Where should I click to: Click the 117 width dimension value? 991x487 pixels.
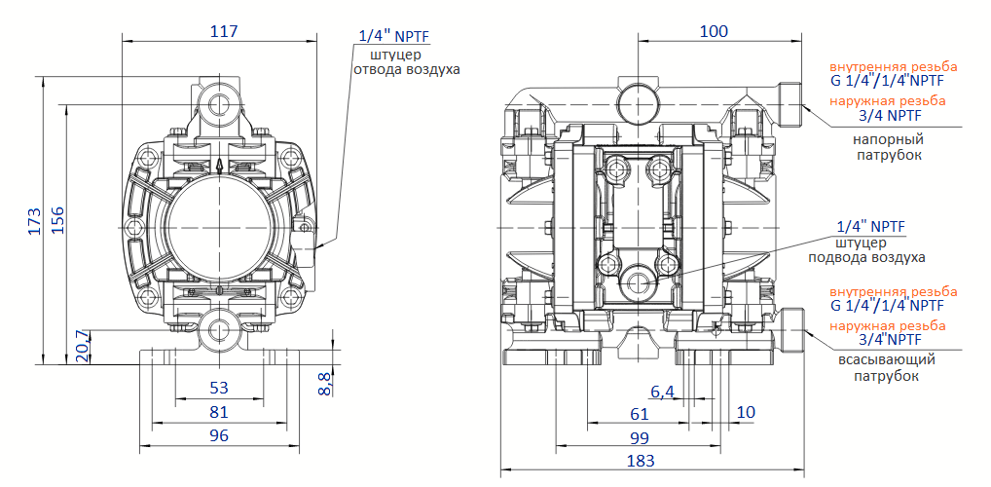tap(224, 31)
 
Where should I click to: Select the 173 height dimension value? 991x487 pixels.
tap(34, 221)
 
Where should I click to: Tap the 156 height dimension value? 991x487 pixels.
tap(57, 221)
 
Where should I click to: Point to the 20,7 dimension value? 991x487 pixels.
tap(83, 347)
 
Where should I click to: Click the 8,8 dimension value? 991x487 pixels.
tap(325, 383)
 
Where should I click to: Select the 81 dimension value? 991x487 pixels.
tap(219, 412)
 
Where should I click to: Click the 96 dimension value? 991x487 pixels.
tap(219, 435)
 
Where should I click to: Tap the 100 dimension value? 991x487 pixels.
tap(714, 31)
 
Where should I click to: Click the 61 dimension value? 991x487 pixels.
tap(640, 413)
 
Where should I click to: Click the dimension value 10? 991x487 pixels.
tap(746, 413)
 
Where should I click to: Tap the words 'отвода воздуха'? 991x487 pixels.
tap(406, 70)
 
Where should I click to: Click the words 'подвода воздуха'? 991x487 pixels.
tap(866, 258)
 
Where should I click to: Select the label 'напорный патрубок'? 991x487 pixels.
tap(888, 147)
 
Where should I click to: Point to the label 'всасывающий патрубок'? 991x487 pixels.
tap(888, 368)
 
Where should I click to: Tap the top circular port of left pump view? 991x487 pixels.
tap(219, 101)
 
